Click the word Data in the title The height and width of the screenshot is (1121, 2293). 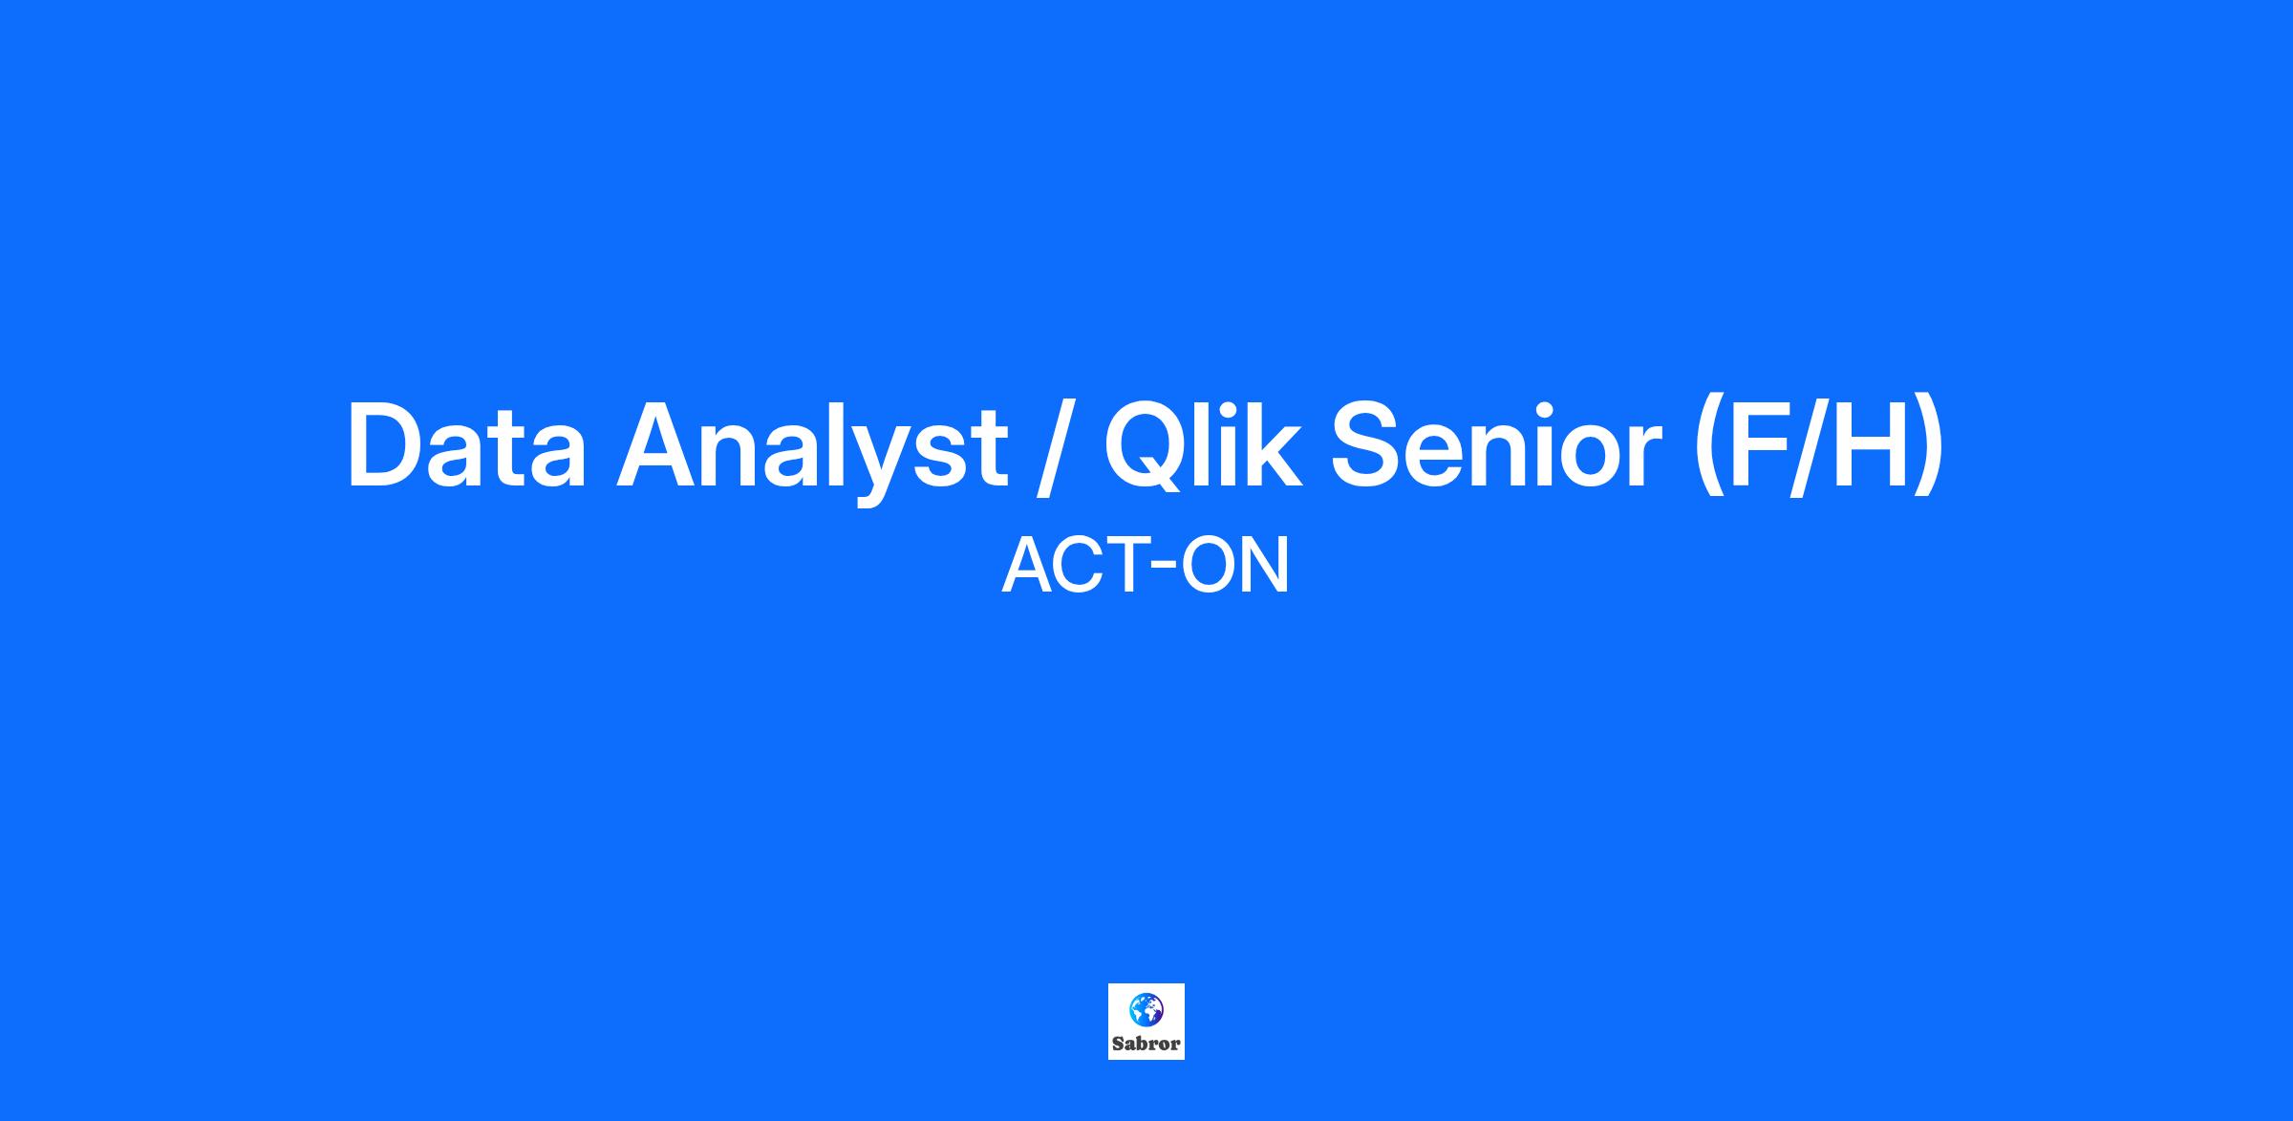pyautogui.click(x=466, y=446)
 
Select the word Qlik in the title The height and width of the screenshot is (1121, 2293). pyautogui.click(x=1203, y=446)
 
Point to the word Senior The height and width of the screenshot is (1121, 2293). pyautogui.click(x=1496, y=446)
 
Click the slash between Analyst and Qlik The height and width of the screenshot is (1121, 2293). pyautogui.click(x=1057, y=447)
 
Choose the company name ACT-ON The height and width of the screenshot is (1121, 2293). pyautogui.click(x=1146, y=567)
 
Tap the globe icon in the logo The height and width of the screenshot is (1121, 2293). pyautogui.click(x=1146, y=1008)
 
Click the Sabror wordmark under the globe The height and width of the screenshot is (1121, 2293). pyautogui.click(x=1146, y=1044)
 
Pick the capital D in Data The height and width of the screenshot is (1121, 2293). pyautogui.click(x=387, y=446)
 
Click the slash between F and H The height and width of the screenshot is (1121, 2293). pyautogui.click(x=1812, y=447)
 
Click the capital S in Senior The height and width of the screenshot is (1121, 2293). pyautogui.click(x=1368, y=446)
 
